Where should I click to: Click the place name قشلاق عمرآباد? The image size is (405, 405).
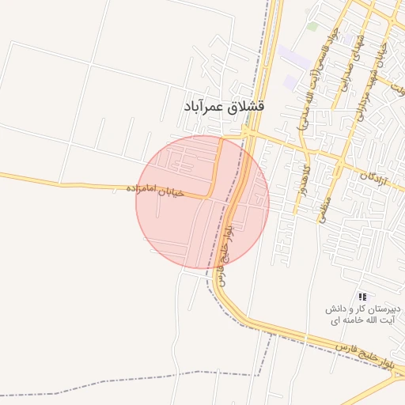point(224,105)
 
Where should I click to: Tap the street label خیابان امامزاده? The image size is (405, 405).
point(154,190)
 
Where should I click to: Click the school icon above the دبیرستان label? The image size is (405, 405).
point(362,296)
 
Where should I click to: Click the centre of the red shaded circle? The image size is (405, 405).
point(202,202)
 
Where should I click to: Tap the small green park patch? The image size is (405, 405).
point(312,26)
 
